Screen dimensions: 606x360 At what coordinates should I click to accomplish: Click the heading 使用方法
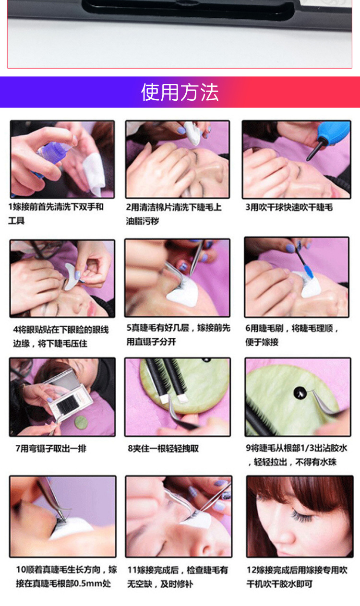click(180, 92)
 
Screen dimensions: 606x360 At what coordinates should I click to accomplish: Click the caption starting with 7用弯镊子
click(51, 449)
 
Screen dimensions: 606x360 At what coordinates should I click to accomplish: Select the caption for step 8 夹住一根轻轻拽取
click(163, 449)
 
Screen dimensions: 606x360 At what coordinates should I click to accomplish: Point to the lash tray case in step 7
click(62, 393)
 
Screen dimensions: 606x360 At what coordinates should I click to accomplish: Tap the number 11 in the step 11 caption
click(132, 570)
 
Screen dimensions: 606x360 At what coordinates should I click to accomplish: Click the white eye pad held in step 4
click(72, 276)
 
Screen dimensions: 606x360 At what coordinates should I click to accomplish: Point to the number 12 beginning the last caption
click(251, 570)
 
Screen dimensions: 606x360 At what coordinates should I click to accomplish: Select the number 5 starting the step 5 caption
click(129, 328)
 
